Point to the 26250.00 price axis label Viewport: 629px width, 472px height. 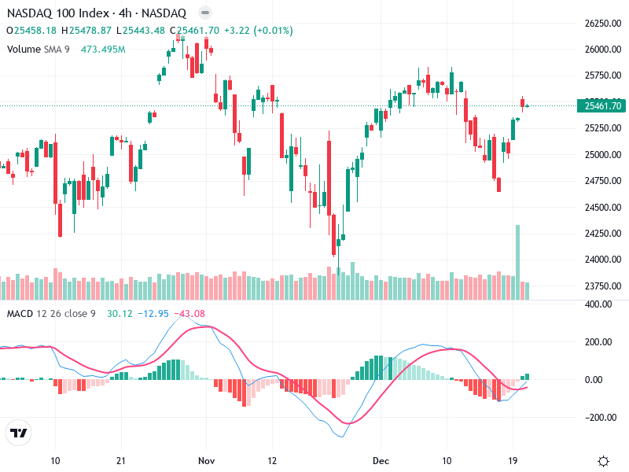[x=603, y=24]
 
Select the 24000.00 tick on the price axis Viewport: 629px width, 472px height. [x=603, y=260]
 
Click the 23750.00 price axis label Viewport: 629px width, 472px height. [x=603, y=286]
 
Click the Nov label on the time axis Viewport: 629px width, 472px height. [x=207, y=460]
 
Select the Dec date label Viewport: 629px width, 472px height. [x=381, y=460]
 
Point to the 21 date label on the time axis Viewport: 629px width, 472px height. [x=120, y=460]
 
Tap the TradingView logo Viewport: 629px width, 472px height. [x=19, y=433]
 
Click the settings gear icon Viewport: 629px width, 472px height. [x=603, y=460]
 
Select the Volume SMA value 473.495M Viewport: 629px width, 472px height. [x=103, y=50]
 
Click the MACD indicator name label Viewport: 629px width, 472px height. [x=20, y=314]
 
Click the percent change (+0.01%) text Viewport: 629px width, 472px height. [x=270, y=31]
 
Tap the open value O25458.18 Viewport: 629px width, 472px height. [x=31, y=31]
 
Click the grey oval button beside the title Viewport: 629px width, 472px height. [x=204, y=13]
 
